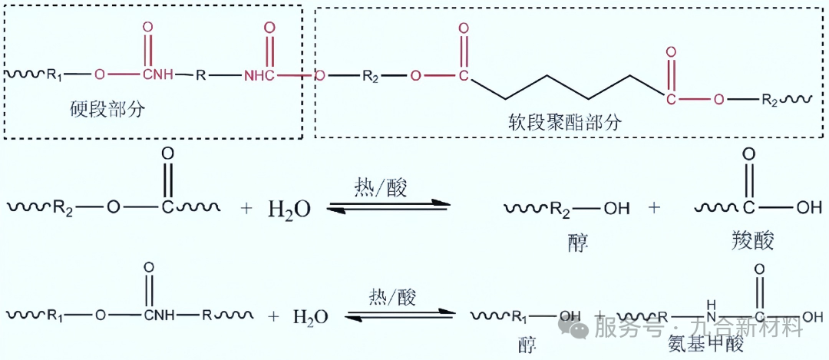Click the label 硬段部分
(x=107, y=110)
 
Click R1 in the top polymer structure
(x=55, y=75)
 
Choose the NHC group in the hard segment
(x=262, y=75)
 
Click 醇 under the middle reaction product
(x=576, y=242)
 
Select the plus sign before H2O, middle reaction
(x=246, y=208)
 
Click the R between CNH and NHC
(x=201, y=75)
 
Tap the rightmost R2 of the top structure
(x=771, y=100)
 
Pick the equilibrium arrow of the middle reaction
(x=388, y=206)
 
